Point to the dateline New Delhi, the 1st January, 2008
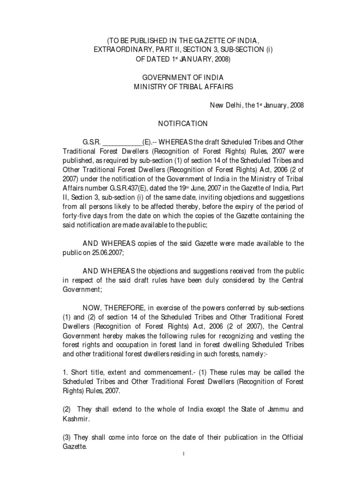(x=256, y=105)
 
